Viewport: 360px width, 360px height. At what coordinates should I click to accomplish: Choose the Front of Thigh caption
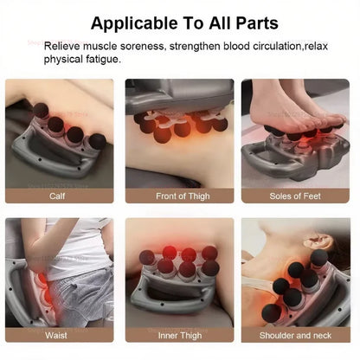click(x=179, y=196)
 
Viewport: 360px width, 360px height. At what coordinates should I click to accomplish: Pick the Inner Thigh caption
click(x=179, y=335)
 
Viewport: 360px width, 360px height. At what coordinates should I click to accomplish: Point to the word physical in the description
click(x=62, y=60)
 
